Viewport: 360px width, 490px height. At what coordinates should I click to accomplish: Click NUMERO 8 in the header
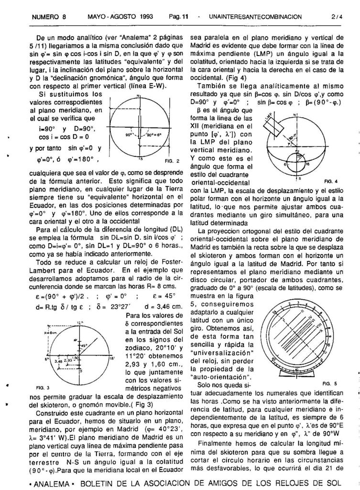click(49, 17)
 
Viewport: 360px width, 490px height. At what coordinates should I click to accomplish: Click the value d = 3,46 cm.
click(167, 306)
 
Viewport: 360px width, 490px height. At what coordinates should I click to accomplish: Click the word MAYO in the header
click(98, 17)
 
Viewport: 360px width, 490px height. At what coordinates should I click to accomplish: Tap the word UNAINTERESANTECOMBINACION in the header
click(256, 17)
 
